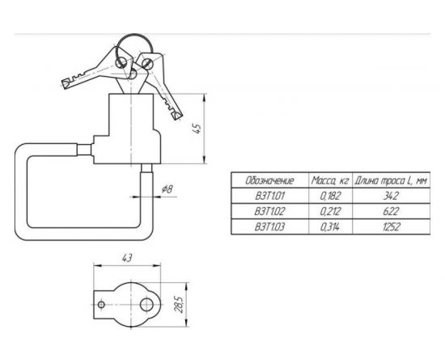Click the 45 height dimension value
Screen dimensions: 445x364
[x=198, y=129]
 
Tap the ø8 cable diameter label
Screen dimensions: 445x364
[x=167, y=189]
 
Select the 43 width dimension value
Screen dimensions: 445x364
[x=127, y=258]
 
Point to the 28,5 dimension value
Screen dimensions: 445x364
[x=180, y=304]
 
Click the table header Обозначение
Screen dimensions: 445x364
[x=269, y=180]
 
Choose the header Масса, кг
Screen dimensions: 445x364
[x=330, y=180]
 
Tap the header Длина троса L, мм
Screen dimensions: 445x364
[x=391, y=180]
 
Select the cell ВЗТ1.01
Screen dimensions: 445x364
[x=269, y=196]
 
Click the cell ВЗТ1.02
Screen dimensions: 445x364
[x=269, y=211]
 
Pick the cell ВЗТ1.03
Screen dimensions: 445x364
[x=269, y=227]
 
